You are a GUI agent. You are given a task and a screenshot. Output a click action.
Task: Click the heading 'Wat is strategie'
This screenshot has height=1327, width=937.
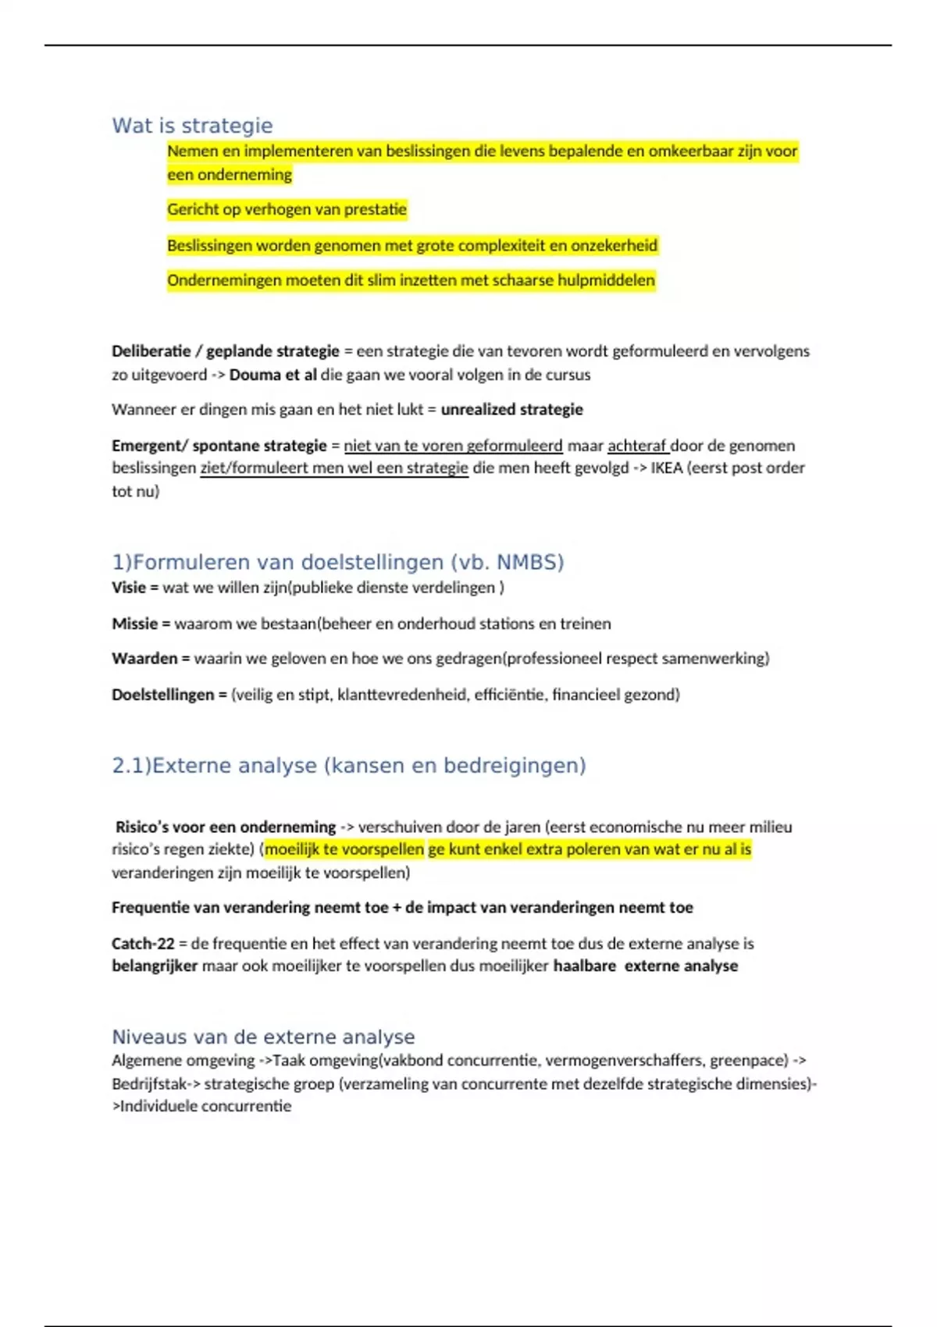(192, 126)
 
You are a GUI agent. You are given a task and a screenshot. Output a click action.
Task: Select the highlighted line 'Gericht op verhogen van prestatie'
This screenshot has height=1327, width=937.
(287, 209)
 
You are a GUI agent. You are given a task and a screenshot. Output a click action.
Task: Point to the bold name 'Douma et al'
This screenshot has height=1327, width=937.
(273, 375)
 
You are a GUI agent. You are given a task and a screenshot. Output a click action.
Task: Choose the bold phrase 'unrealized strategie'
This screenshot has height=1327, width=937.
(511, 410)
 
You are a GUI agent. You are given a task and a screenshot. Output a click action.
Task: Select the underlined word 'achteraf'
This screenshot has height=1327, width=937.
(637, 446)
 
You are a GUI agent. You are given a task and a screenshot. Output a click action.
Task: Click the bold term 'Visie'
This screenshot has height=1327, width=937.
(129, 588)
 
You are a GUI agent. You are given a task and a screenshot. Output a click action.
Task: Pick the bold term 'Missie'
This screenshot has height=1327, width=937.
(134, 624)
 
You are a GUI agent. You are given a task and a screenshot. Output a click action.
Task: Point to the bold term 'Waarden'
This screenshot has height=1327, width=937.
(144, 659)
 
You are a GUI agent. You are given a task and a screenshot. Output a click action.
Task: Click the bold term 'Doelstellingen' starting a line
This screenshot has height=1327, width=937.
(162, 695)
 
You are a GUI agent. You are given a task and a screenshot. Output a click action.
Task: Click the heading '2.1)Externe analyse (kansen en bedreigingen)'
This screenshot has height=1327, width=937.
(348, 766)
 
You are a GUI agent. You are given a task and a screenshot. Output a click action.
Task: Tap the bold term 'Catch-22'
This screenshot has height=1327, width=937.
(143, 944)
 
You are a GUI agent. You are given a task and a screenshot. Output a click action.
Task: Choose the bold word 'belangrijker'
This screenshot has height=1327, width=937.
(155, 966)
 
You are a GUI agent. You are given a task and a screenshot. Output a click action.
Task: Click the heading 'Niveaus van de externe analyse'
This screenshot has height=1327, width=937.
(263, 1037)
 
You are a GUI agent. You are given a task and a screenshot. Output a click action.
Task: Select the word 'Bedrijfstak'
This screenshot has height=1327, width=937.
(148, 1084)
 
